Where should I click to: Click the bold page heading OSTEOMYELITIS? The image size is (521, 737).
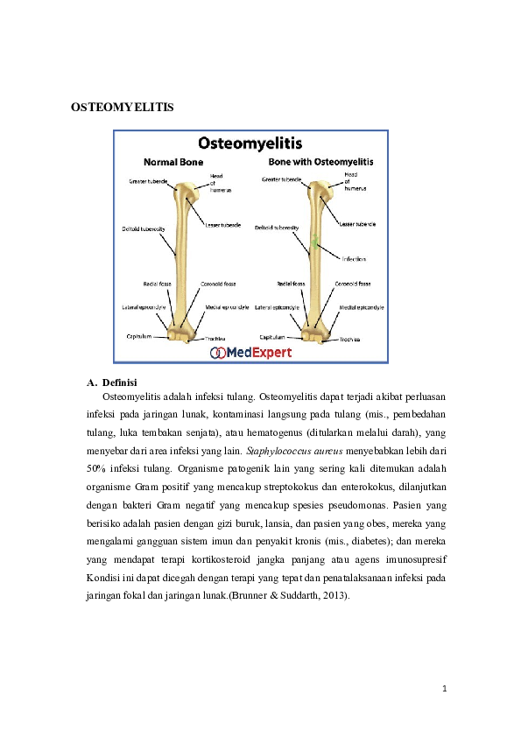coord(122,108)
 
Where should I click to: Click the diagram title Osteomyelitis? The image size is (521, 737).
coord(250,143)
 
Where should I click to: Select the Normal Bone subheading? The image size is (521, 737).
coord(173,163)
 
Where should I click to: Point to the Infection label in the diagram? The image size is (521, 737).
coord(354,259)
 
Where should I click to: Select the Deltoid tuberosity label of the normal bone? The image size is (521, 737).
coord(144,228)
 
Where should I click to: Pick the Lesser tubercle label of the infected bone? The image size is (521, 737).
coord(357,225)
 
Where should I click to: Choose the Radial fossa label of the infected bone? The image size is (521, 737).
coord(291,284)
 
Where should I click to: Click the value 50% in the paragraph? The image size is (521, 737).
coord(96,468)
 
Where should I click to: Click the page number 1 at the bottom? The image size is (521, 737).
coord(444,689)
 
